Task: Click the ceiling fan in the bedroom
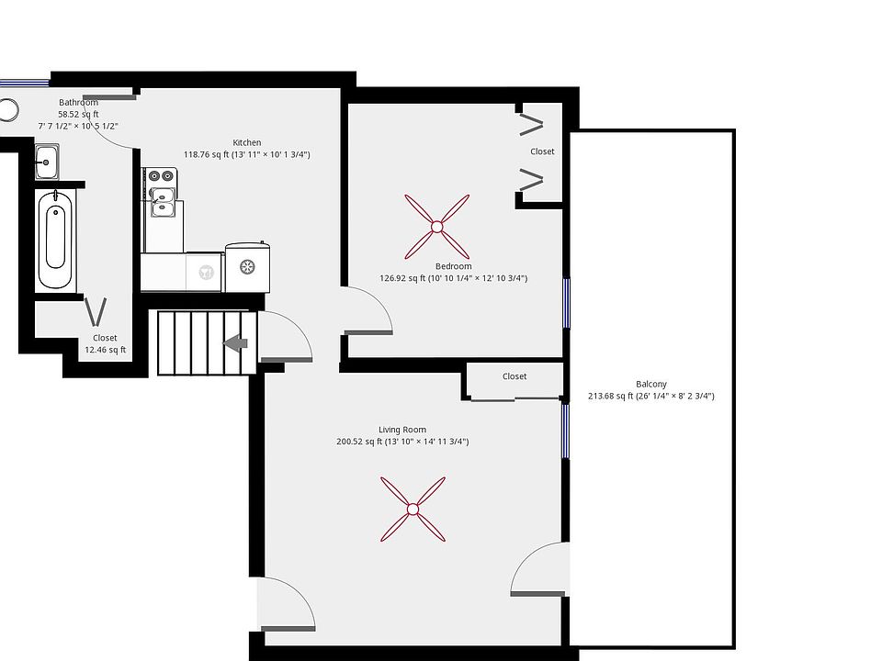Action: point(436,226)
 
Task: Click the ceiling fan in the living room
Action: point(413,509)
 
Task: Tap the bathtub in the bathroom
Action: point(54,238)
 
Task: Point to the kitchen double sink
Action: point(163,200)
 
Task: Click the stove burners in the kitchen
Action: point(162,174)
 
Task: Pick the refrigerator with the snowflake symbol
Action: point(246,266)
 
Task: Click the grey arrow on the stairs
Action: point(236,343)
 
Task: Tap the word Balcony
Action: point(650,385)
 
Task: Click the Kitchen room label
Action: point(246,142)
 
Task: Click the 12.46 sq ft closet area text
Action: point(105,350)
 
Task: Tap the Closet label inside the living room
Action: point(514,376)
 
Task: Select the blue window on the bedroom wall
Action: point(567,303)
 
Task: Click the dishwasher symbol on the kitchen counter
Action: point(206,272)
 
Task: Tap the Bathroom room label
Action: point(78,102)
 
